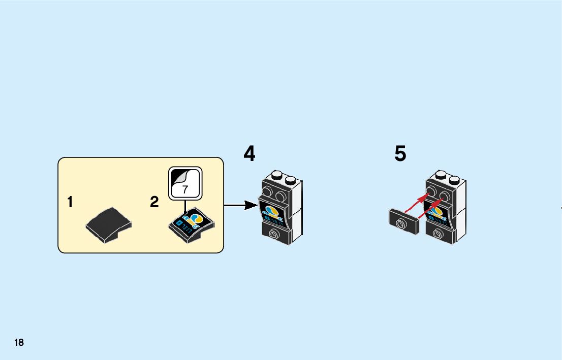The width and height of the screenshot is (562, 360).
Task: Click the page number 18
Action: (x=19, y=342)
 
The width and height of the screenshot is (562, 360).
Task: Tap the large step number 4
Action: (x=249, y=153)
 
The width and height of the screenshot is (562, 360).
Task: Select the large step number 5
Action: (x=400, y=153)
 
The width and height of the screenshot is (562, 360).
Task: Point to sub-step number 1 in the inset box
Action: (x=70, y=203)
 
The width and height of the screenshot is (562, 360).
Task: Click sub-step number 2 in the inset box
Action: (x=154, y=203)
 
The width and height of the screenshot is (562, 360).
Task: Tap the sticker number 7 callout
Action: (x=185, y=183)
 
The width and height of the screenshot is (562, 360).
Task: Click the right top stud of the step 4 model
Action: (x=290, y=180)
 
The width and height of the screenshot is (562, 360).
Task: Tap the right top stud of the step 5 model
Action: (x=454, y=180)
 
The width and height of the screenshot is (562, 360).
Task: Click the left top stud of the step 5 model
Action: (x=440, y=176)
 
